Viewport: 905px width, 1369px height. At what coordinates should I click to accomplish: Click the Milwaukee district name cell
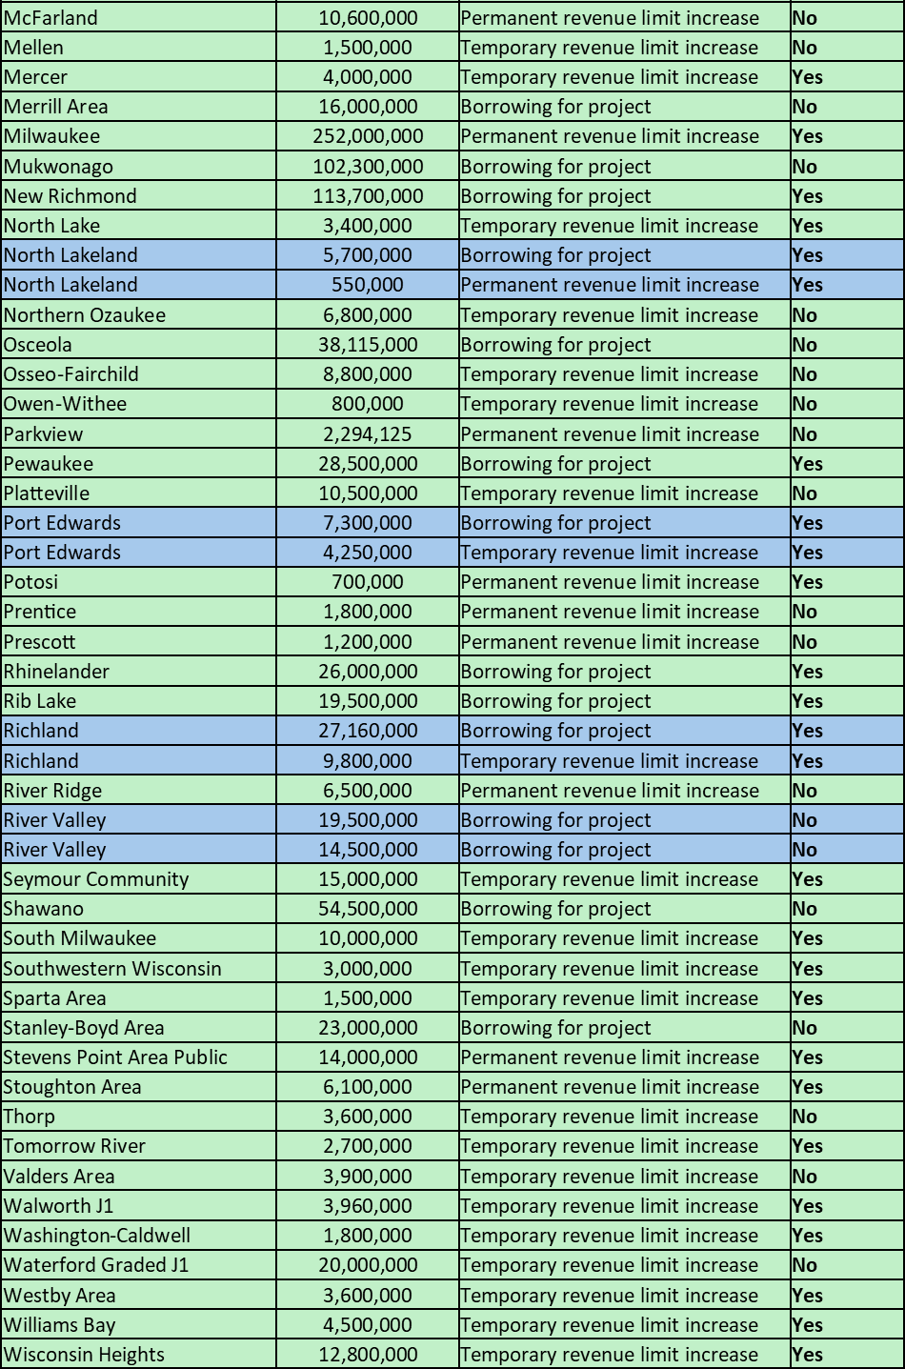[x=51, y=136]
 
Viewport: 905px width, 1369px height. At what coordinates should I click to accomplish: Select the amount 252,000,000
[x=368, y=136]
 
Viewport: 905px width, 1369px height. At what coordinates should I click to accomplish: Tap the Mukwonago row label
[x=58, y=167]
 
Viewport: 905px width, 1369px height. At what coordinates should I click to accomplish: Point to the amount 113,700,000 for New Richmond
[x=368, y=196]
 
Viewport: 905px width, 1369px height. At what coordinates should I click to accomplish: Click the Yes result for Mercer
[x=807, y=77]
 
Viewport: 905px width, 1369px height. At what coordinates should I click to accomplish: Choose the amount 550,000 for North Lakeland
[x=368, y=285]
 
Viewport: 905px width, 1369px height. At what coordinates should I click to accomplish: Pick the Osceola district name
[x=38, y=345]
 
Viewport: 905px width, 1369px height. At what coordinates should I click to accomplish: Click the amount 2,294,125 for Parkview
[x=368, y=434]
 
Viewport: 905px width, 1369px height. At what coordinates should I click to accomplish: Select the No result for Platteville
[x=805, y=493]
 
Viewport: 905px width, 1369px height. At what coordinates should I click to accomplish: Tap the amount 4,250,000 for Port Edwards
[x=368, y=553]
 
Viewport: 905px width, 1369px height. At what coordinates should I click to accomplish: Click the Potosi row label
[x=30, y=582]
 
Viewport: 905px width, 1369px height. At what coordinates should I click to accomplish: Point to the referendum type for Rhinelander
[x=555, y=672]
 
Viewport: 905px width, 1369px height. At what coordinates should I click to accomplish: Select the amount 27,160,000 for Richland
[x=368, y=731]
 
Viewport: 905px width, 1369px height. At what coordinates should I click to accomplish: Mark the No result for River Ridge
[x=805, y=791]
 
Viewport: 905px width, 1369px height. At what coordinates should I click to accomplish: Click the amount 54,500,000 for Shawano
[x=368, y=909]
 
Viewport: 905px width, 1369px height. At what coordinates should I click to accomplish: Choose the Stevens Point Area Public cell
[x=115, y=1057]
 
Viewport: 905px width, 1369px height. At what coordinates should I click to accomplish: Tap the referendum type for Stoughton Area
[x=610, y=1087]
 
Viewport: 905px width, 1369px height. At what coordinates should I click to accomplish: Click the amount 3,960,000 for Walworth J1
[x=368, y=1206]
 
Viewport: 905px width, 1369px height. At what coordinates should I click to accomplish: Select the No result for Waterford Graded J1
[x=805, y=1265]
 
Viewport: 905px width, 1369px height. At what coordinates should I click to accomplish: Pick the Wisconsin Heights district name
[x=84, y=1355]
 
